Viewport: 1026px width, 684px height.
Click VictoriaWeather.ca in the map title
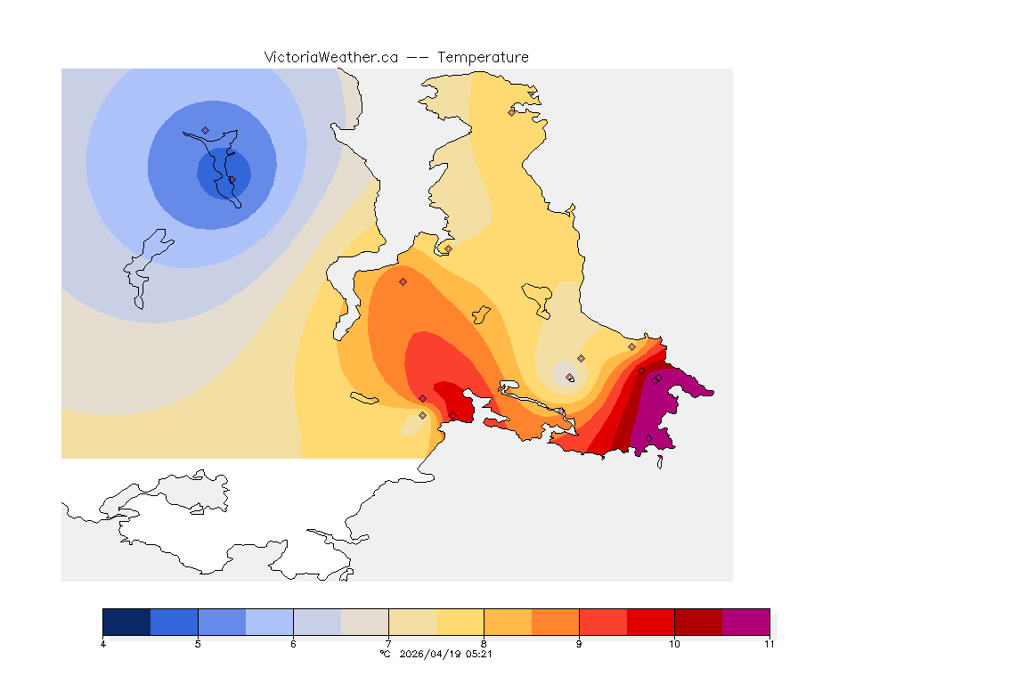[330, 57]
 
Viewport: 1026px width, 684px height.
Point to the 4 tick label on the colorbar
[103, 644]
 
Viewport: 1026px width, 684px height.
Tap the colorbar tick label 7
[388, 644]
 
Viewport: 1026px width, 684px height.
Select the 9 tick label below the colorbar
[579, 644]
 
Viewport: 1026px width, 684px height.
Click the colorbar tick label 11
[769, 644]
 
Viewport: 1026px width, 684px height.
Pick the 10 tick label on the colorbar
[674, 644]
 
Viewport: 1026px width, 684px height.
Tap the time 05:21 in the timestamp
[479, 654]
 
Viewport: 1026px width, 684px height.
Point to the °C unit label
[385, 654]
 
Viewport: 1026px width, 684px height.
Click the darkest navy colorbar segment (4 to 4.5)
[126, 621]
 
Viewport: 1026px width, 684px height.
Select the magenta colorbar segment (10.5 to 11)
[745, 621]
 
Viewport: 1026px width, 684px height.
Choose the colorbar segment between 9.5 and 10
[650, 621]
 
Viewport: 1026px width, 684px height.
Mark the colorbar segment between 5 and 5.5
[222, 621]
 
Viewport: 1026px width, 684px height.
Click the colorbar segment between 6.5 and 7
[364, 621]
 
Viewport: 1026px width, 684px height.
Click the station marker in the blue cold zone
[205, 130]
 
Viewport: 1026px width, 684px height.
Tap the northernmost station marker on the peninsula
[511, 112]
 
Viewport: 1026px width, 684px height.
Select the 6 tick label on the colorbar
[293, 644]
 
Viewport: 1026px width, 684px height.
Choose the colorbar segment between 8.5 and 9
[555, 621]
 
